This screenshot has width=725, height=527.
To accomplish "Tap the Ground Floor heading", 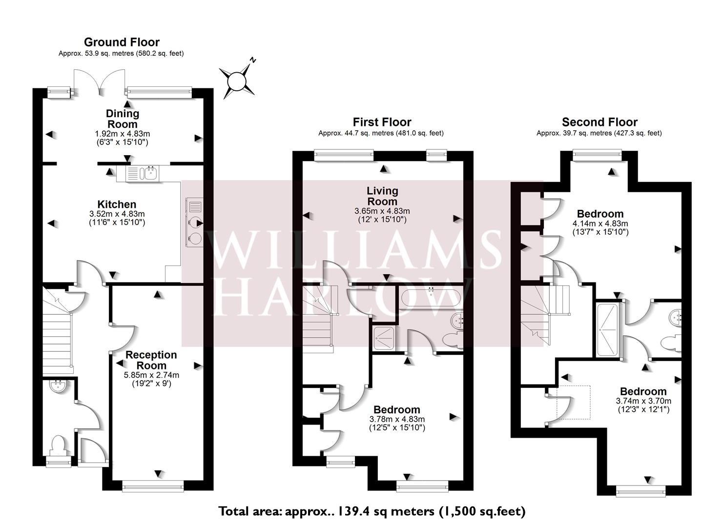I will click(x=122, y=42).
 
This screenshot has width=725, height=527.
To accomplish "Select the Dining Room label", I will click(x=123, y=119).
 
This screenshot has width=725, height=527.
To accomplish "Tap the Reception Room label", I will click(x=151, y=360).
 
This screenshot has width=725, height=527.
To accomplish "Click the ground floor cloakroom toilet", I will click(x=59, y=446).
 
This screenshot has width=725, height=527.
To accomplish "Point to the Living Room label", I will click(x=382, y=196).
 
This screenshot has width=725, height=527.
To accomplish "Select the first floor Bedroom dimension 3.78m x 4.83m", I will click(x=397, y=419).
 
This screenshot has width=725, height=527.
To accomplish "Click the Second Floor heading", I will click(x=600, y=122).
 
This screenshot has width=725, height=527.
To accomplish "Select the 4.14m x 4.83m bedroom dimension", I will click(x=600, y=223).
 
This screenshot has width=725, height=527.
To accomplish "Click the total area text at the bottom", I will click(x=372, y=511).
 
